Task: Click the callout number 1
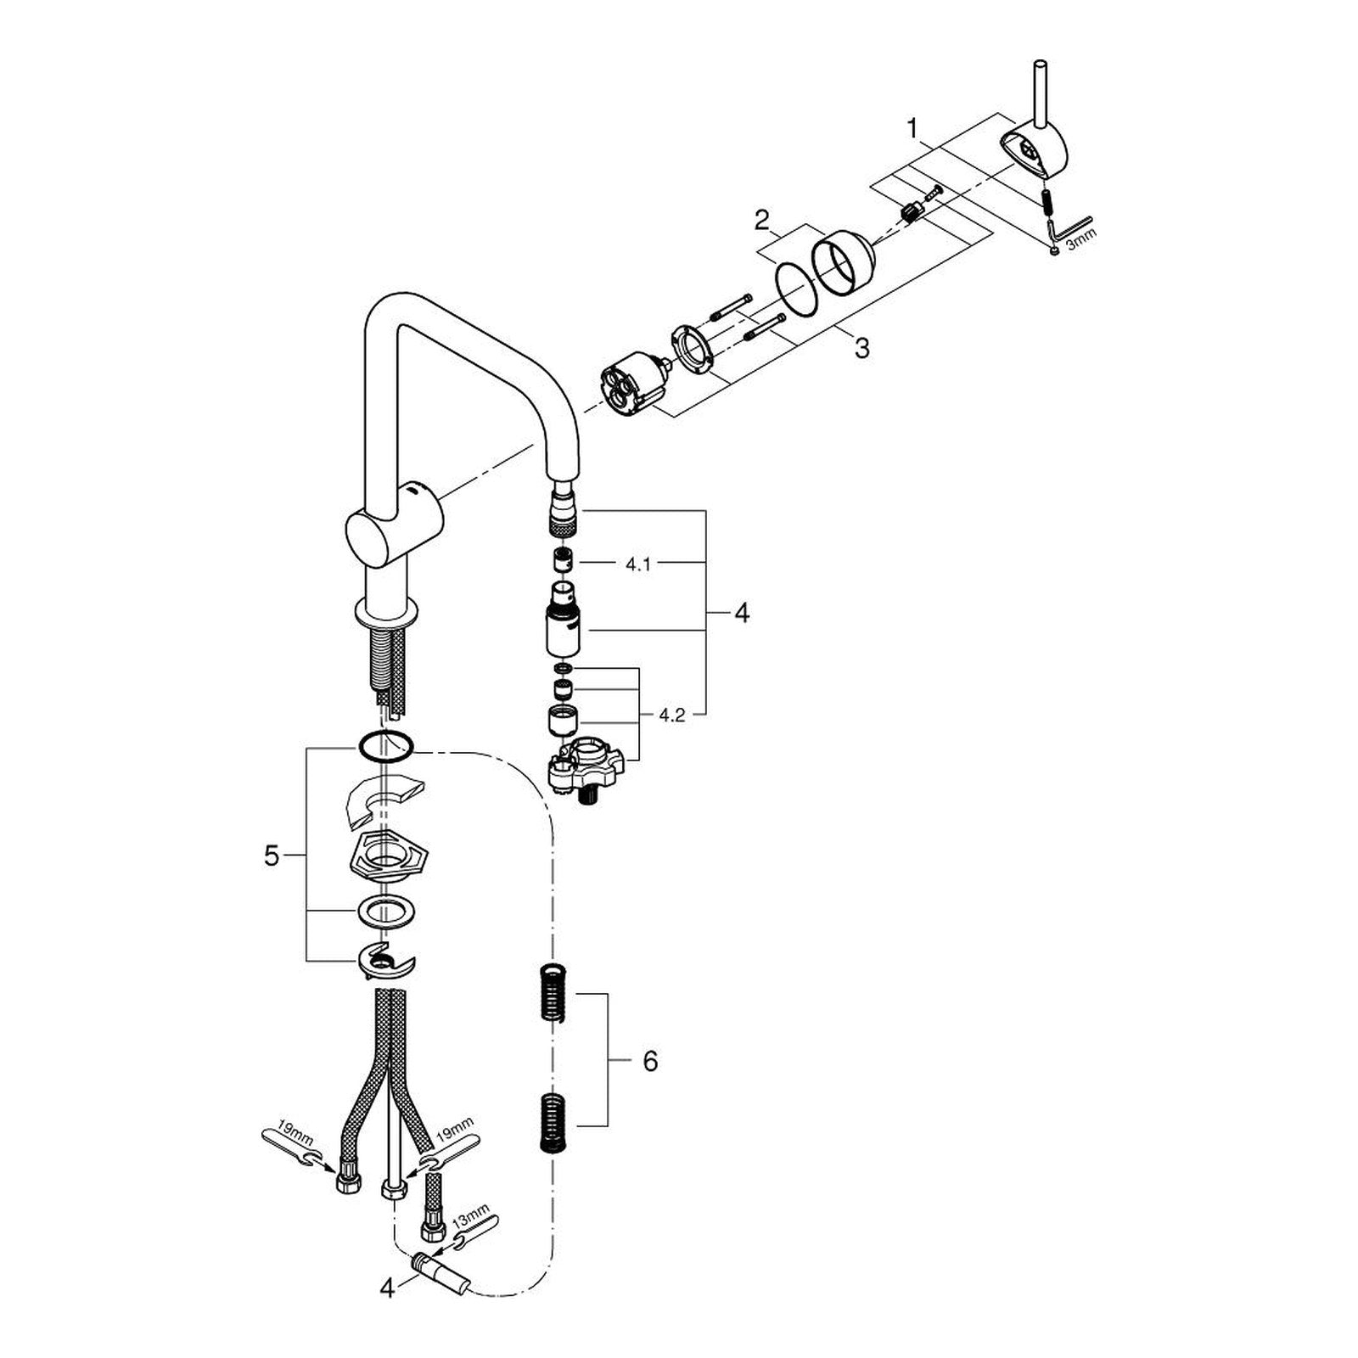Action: point(912,130)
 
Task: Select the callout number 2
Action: point(762,222)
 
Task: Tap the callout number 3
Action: point(862,347)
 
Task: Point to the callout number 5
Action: point(271,856)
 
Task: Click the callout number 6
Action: point(650,1061)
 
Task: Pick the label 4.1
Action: point(638,564)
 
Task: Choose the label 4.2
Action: point(671,715)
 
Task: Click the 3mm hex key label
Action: point(1080,238)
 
